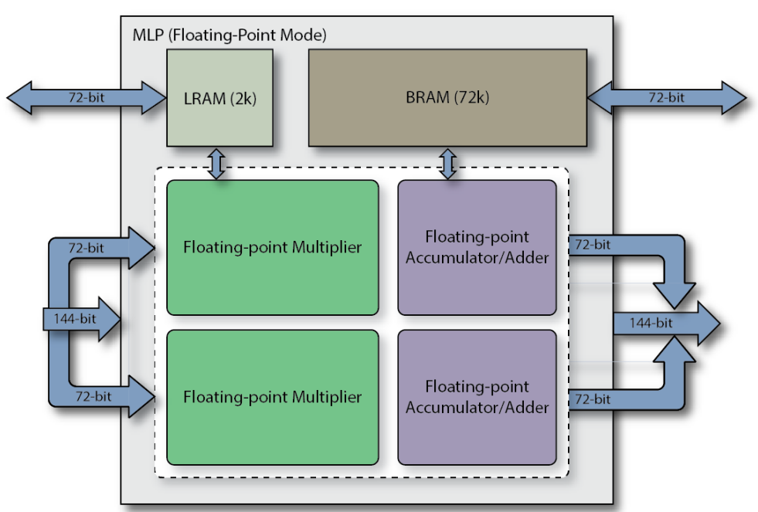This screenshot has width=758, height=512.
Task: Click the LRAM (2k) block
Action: tap(219, 98)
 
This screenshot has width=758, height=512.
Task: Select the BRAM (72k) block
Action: tap(447, 98)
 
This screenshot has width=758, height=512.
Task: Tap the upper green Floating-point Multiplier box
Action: tap(272, 248)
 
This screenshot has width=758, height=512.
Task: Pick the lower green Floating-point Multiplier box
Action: tap(272, 398)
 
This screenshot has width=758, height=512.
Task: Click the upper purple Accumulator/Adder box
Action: tap(478, 248)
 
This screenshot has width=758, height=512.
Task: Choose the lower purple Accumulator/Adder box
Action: tap(478, 397)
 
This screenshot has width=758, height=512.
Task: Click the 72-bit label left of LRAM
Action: tap(87, 98)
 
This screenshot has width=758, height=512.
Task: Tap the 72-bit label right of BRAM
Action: tap(666, 98)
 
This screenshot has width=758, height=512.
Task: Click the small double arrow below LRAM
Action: tap(217, 163)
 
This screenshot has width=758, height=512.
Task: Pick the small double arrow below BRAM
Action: tap(447, 163)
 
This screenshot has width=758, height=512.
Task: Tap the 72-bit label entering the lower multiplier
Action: tap(91, 396)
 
